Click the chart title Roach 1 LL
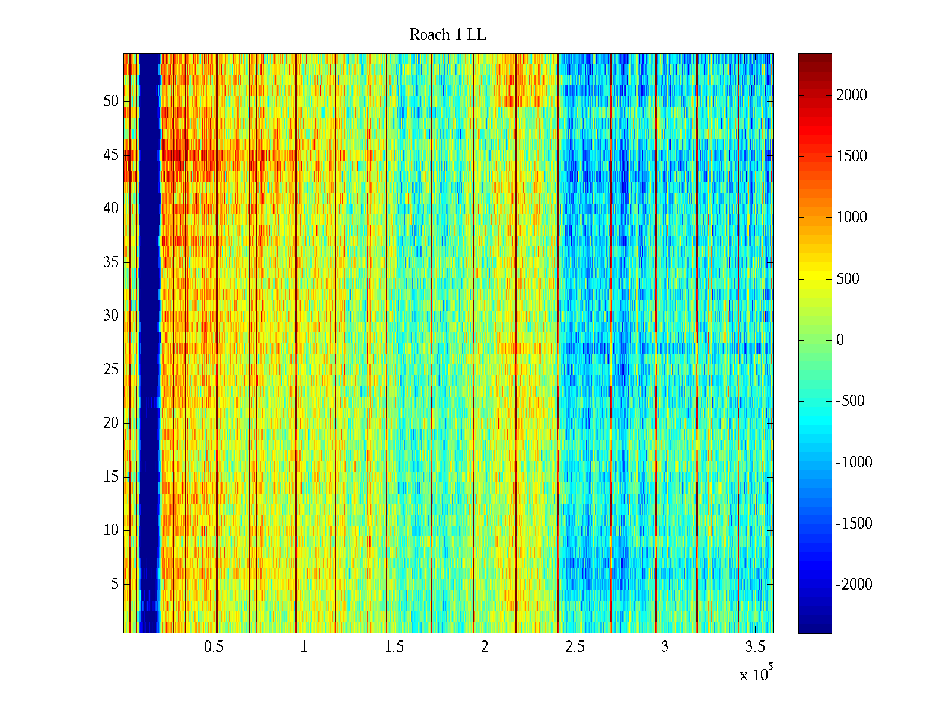tap(447, 35)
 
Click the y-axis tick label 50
tap(111, 101)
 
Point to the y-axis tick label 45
tap(111, 155)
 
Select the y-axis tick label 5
tap(114, 584)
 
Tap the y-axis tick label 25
tap(111, 370)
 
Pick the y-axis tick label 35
tap(111, 262)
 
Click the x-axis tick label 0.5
tap(214, 647)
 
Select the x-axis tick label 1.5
tap(394, 647)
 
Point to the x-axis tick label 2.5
tap(574, 647)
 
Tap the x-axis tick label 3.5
tap(754, 647)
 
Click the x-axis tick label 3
tap(664, 647)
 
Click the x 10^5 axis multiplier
tap(756, 674)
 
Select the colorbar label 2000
tap(852, 95)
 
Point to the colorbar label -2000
tap(854, 585)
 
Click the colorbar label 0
tap(840, 340)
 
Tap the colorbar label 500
tap(848, 279)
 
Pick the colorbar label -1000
tap(854, 463)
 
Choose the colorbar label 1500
tap(852, 156)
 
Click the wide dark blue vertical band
tap(149, 344)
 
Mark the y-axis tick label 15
tap(111, 477)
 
